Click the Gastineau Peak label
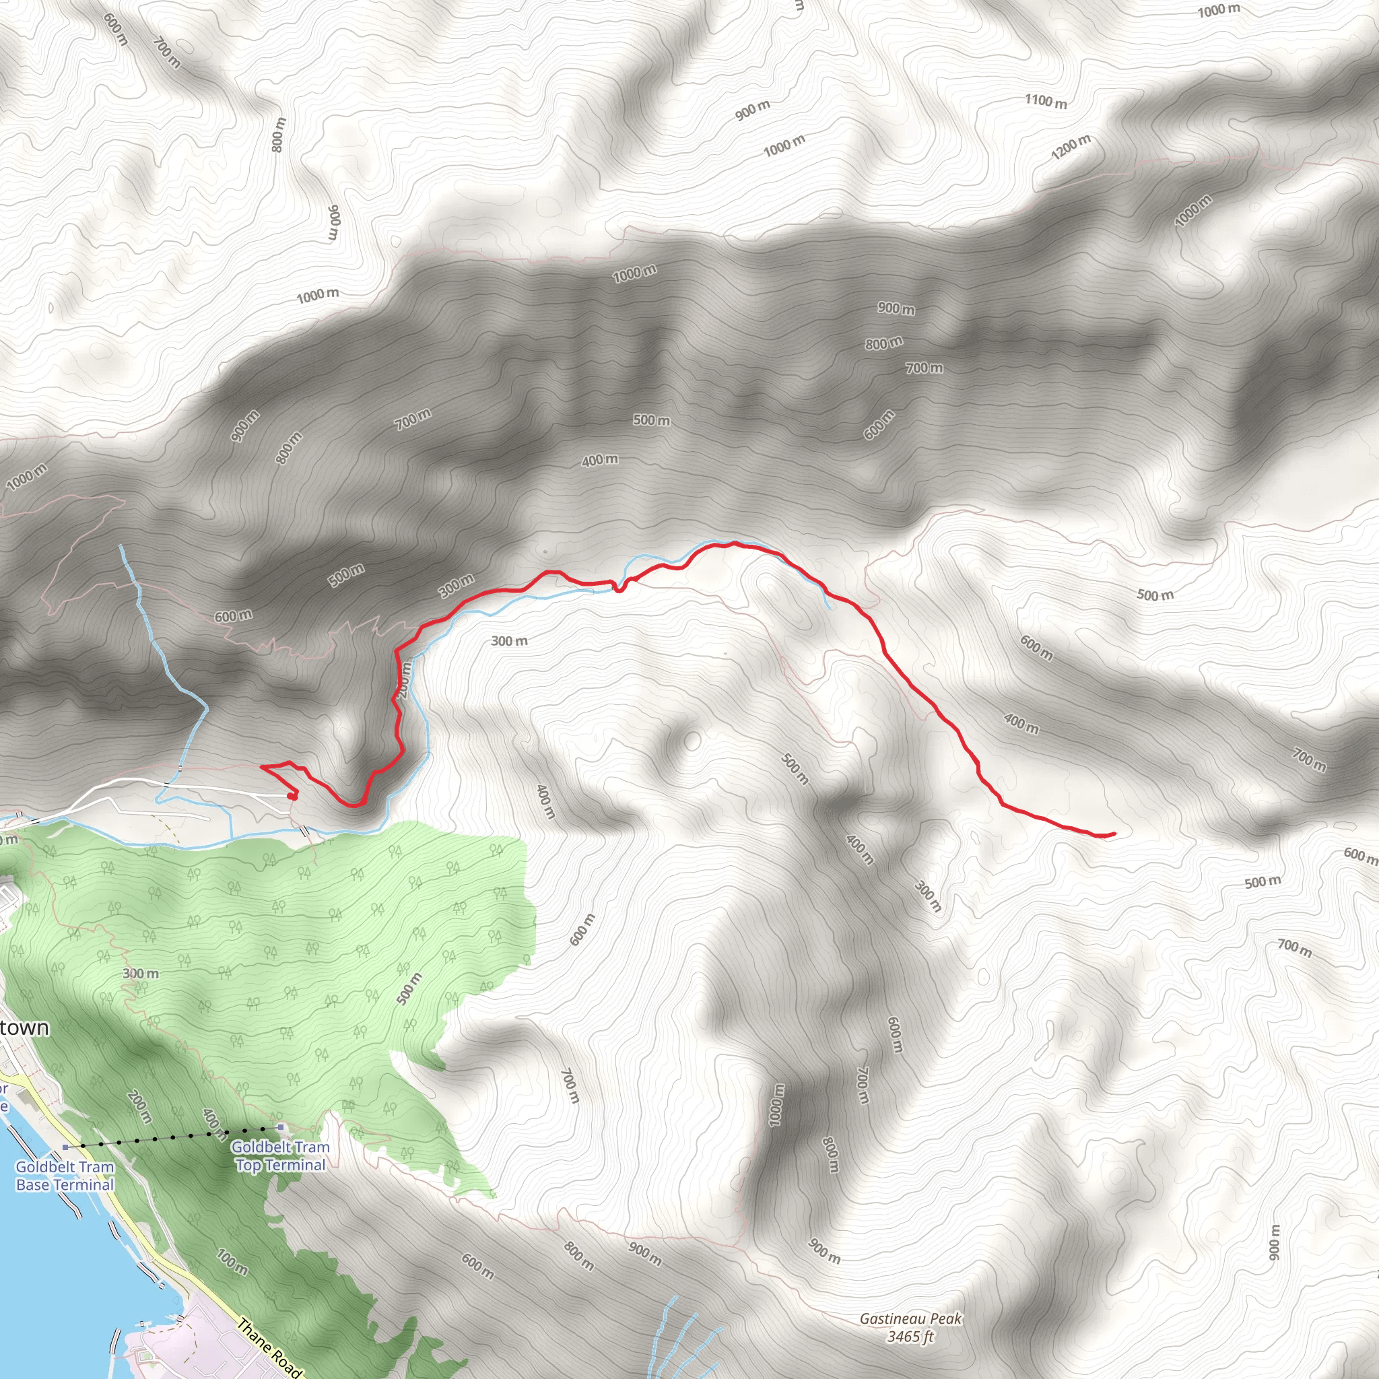[910, 1319]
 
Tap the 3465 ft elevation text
[910, 1336]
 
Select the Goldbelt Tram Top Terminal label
[281, 1156]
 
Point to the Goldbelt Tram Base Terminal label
[65, 1176]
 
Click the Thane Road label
[269, 1347]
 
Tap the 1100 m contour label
[1046, 102]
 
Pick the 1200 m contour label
[1071, 146]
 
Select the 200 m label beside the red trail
[405, 679]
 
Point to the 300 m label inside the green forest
[141, 974]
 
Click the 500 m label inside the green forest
[409, 988]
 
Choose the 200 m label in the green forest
[139, 1106]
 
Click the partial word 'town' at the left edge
[25, 1028]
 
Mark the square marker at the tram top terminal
[281, 1127]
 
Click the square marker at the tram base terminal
[66, 1147]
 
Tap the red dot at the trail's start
[290, 796]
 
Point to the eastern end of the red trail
[1114, 833]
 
